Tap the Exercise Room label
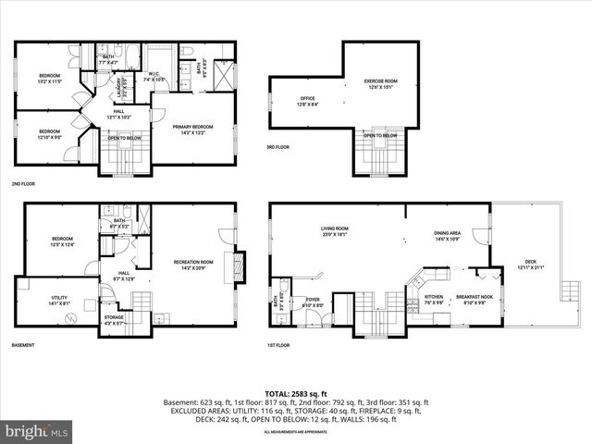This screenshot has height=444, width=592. pos(379,85)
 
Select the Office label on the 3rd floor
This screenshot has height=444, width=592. pos(308,102)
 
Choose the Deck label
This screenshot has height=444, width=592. pos(531,265)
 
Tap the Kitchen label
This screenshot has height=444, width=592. pos(433,299)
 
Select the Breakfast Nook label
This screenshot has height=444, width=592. pos(474,299)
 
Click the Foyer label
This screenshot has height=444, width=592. pos(312,300)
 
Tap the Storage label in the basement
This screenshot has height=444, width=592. pos(114,320)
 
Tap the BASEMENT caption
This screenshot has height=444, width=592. pos(24,345)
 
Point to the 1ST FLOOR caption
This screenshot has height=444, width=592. pos(279,345)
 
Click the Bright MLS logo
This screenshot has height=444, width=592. pos(37,431)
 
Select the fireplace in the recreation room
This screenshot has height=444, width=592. pos(240,267)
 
